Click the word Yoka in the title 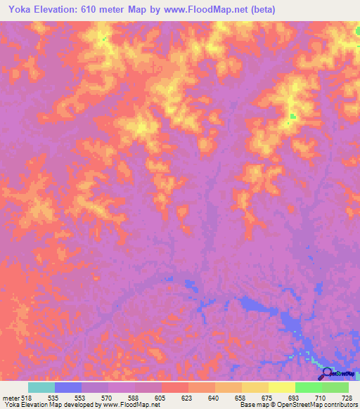point(22,10)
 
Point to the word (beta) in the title point(260,10)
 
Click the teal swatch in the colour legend point(41,387)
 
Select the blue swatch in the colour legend point(68,387)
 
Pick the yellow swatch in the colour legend point(281,387)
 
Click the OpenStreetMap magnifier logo point(326,372)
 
